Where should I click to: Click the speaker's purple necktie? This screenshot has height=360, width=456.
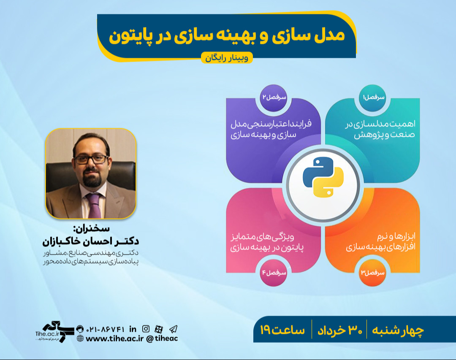pos(94,204)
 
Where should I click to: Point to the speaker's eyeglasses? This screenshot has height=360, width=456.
pos(90,159)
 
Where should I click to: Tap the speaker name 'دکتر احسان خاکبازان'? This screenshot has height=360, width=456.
pos(91,241)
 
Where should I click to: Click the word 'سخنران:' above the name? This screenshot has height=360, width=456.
pos(91,230)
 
